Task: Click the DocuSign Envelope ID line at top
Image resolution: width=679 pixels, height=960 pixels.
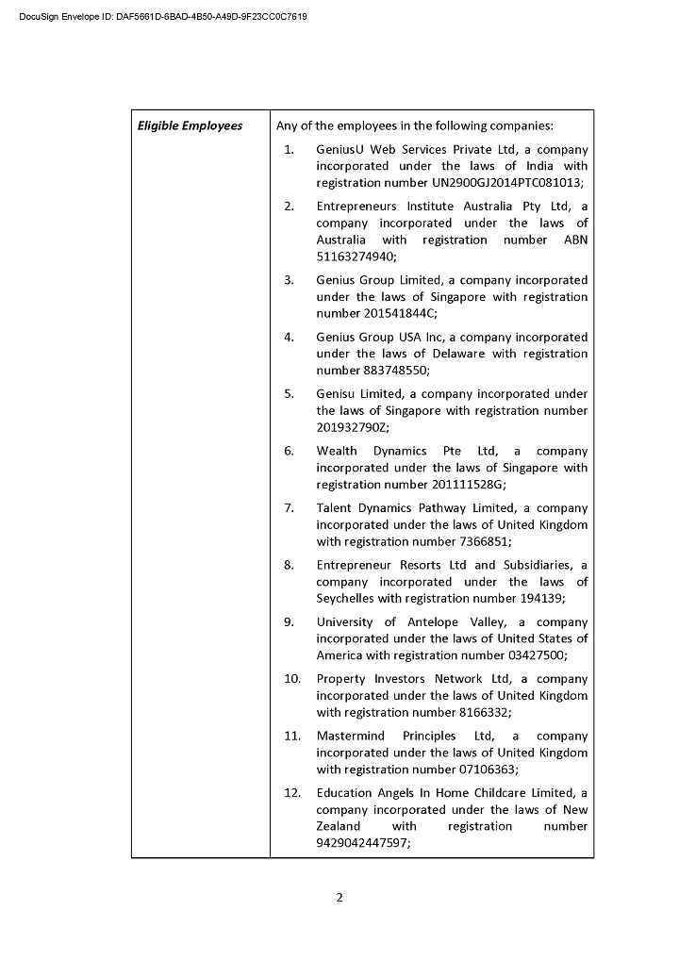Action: point(162,17)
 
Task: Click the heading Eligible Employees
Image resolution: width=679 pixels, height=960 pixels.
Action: point(190,125)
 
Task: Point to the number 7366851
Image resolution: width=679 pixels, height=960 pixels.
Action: point(483,541)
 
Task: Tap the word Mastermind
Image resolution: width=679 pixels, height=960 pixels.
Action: point(348,736)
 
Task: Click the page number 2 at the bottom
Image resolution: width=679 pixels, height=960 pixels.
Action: point(339,897)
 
